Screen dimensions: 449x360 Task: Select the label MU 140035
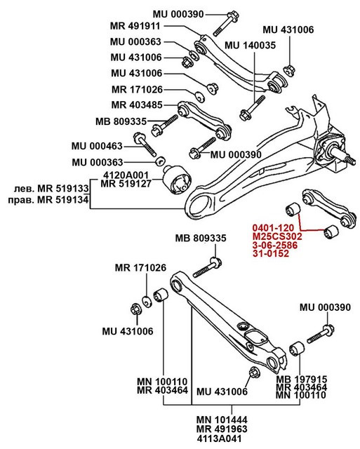pyautogui.click(x=251, y=45)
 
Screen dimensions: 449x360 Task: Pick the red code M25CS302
pyautogui.click(x=277, y=237)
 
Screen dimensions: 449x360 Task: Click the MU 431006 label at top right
pyautogui.click(x=288, y=30)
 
